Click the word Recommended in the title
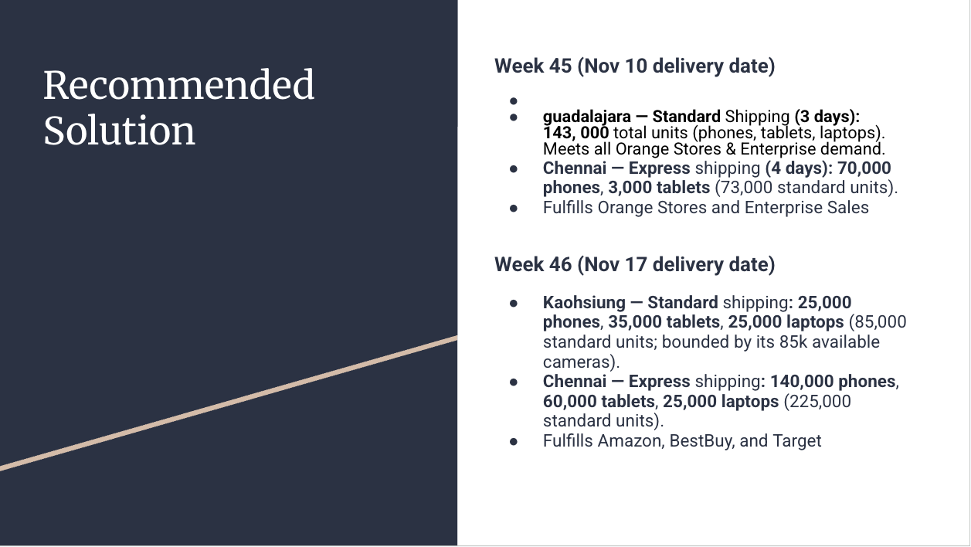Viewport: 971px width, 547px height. pyautogui.click(x=178, y=85)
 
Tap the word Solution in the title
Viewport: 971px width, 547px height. pyautogui.click(x=119, y=130)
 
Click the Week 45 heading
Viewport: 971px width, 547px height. pyautogui.click(x=634, y=66)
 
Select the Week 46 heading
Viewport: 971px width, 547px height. pyautogui.click(x=634, y=265)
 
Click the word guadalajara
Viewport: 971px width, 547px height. pyautogui.click(x=585, y=117)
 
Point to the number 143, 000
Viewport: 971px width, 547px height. pyautogui.click(x=575, y=133)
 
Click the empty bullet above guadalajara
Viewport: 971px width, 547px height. pyautogui.click(x=513, y=100)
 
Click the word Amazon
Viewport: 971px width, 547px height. pyautogui.click(x=630, y=441)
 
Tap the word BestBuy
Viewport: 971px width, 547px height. pyautogui.click(x=701, y=441)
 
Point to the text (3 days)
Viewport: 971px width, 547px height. pyautogui.click(x=826, y=117)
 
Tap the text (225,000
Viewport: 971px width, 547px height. pyautogui.click(x=817, y=402)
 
